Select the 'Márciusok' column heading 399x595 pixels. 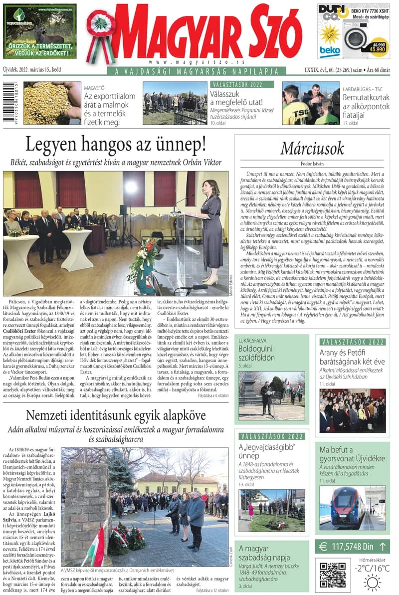pyautogui.click(x=312, y=148)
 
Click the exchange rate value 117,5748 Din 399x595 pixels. pyautogui.click(x=355, y=547)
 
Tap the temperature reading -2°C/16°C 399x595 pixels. pyautogui.click(x=372, y=568)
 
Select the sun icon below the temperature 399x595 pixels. pyautogui.click(x=372, y=583)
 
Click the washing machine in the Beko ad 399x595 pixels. pyautogui.click(x=356, y=38)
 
